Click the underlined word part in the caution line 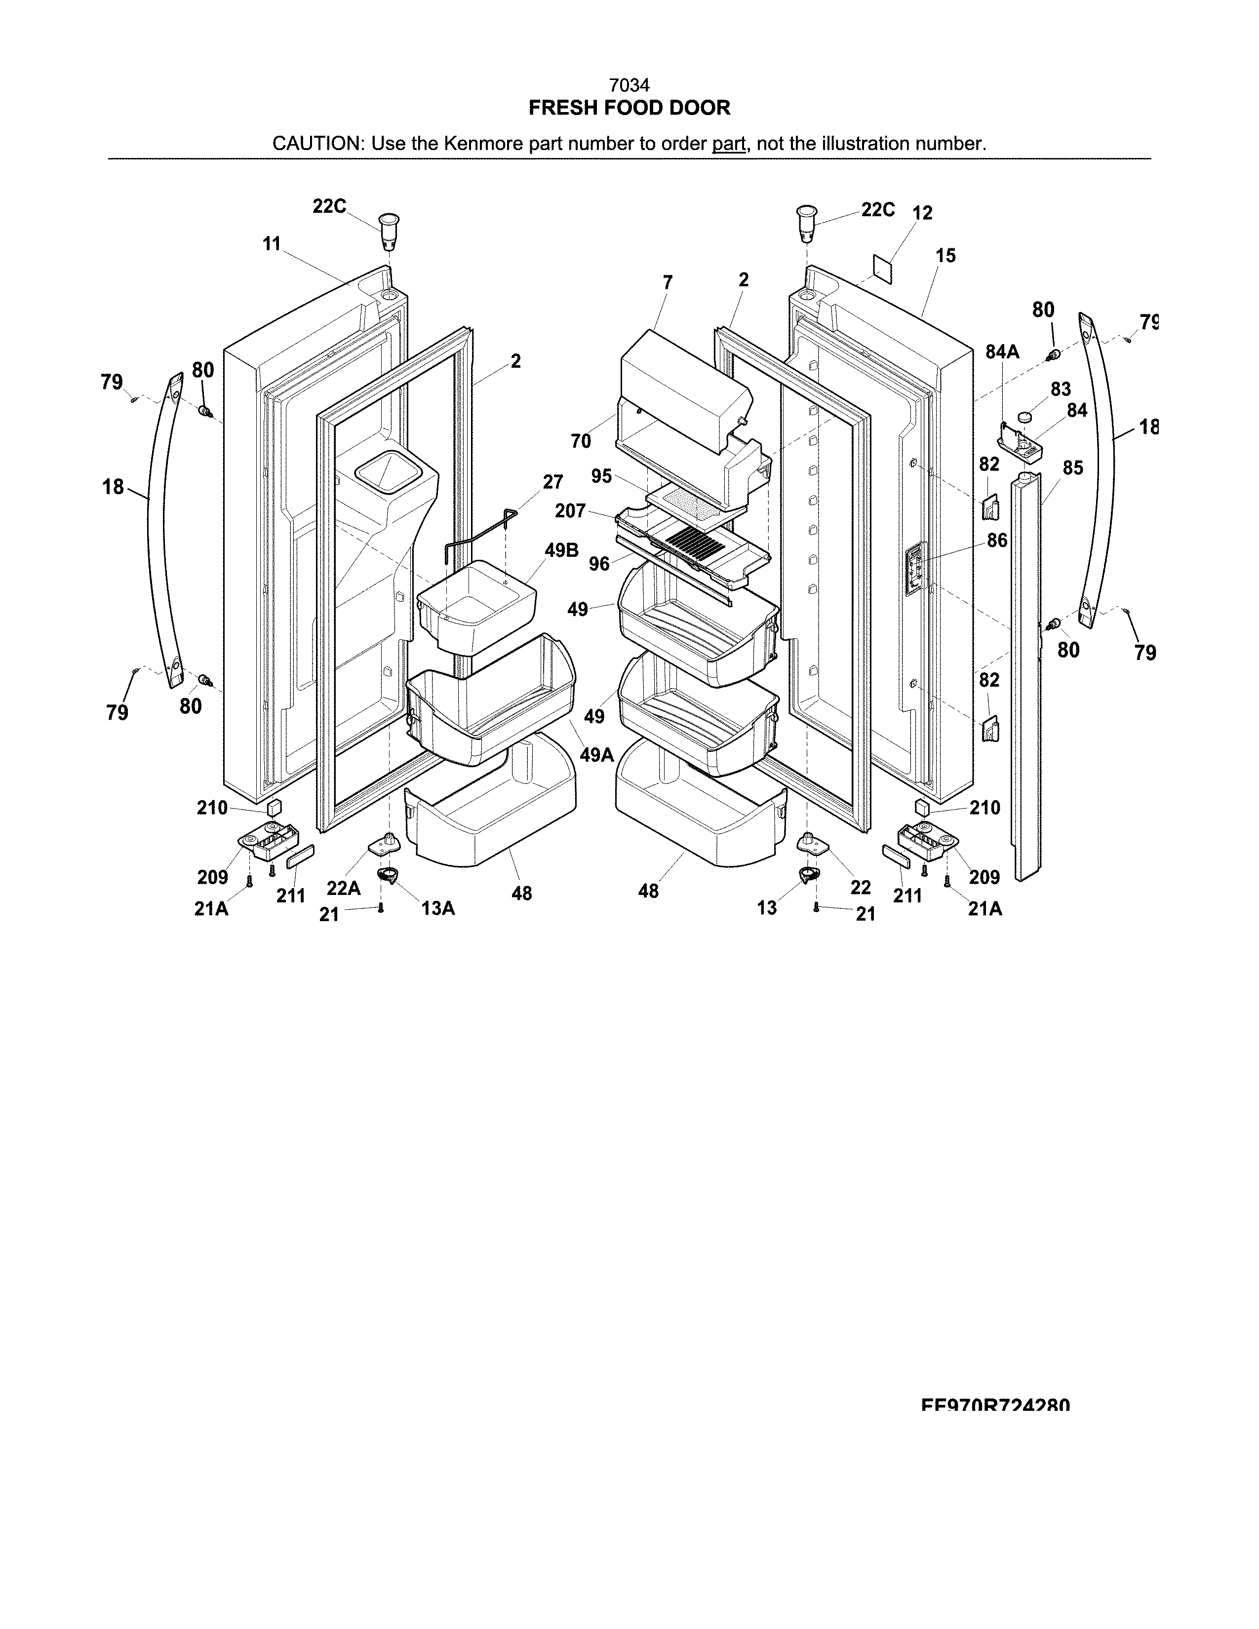tap(729, 143)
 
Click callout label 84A tap(1002, 352)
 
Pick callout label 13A tap(438, 908)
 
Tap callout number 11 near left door tap(272, 243)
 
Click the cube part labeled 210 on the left tap(274, 807)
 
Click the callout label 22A tap(343, 888)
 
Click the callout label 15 tap(945, 256)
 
